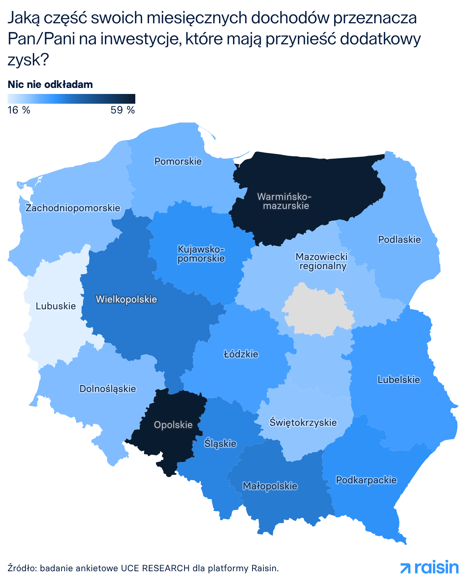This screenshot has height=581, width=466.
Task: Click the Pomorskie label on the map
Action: pyautogui.click(x=178, y=162)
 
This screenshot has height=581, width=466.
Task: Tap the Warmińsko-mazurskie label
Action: pyautogui.click(x=284, y=201)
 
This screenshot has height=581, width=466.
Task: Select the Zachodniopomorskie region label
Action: pyautogui.click(x=73, y=208)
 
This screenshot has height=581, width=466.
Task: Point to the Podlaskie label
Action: pyautogui.click(x=399, y=239)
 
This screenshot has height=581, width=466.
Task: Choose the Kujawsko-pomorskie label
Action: pyautogui.click(x=201, y=254)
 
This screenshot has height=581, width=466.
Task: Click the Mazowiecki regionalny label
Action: pyautogui.click(x=322, y=262)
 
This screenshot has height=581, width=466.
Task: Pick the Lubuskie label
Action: pyautogui.click(x=56, y=306)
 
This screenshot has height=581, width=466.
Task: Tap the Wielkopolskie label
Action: pyautogui.click(x=126, y=299)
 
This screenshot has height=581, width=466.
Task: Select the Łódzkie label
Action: pyautogui.click(x=241, y=354)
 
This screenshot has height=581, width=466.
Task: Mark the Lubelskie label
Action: pyautogui.click(x=399, y=380)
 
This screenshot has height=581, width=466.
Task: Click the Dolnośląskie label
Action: pyautogui.click(x=108, y=389)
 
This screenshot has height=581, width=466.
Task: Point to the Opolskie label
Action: pyautogui.click(x=173, y=425)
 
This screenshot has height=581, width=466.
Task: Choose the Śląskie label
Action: pyautogui.click(x=220, y=443)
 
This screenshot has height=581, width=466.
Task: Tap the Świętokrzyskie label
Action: pyautogui.click(x=303, y=422)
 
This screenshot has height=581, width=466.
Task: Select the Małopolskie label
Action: pyautogui.click(x=270, y=486)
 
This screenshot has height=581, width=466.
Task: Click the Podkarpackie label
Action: pyautogui.click(x=366, y=480)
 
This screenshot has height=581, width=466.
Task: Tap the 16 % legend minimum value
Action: pyautogui.click(x=19, y=110)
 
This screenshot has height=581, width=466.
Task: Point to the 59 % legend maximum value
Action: pyautogui.click(x=123, y=110)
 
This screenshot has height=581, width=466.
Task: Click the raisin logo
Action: pyautogui.click(x=430, y=567)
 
